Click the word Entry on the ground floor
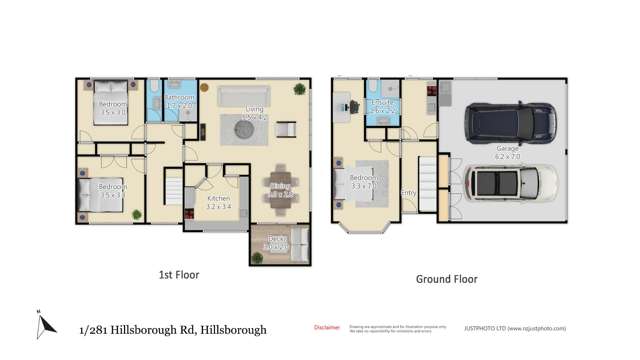[408, 193]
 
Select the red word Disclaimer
[327, 327]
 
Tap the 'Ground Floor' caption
[446, 279]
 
